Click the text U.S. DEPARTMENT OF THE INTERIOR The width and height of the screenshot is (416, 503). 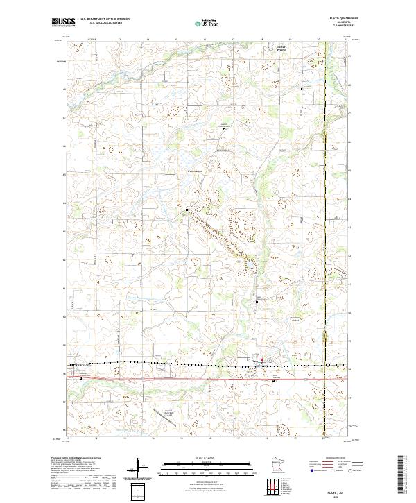[x=105, y=20]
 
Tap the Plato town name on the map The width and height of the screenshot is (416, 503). [x=254, y=359]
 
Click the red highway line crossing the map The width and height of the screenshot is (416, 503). [x=173, y=379]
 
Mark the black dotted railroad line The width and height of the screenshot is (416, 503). [x=173, y=362]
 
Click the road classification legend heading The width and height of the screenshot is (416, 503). [x=338, y=459]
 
